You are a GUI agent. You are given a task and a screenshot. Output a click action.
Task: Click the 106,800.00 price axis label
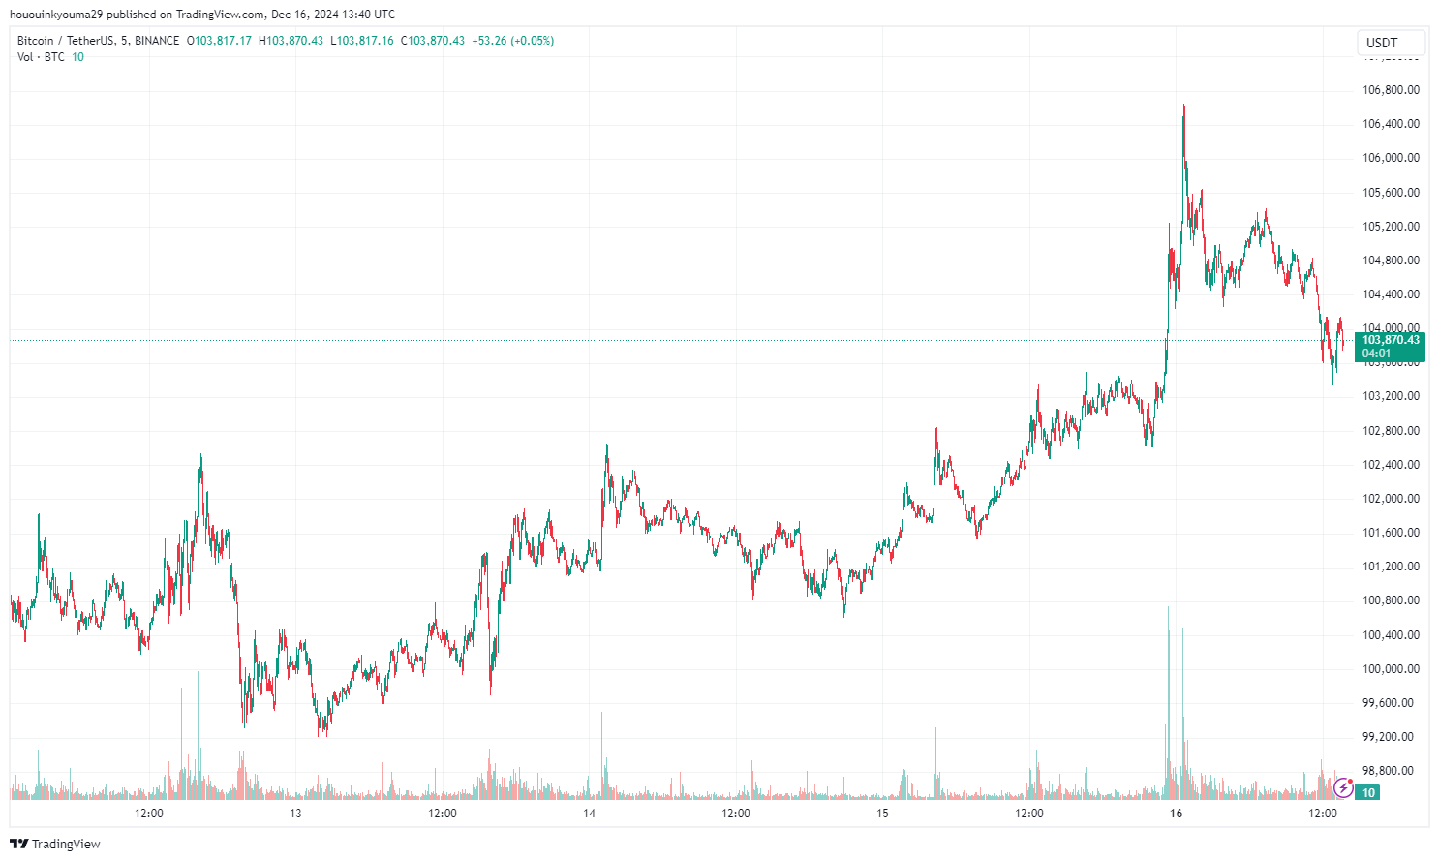click(x=1391, y=90)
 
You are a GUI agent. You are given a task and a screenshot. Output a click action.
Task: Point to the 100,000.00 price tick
click(x=1391, y=669)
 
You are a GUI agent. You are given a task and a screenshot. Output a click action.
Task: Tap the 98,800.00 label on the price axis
click(x=1391, y=771)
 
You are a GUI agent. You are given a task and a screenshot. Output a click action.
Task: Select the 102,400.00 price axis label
click(x=1391, y=465)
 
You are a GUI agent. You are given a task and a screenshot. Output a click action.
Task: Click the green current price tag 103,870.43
click(x=1390, y=346)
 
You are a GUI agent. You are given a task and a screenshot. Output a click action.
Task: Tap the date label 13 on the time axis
click(x=295, y=814)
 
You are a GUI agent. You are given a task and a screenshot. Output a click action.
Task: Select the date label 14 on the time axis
click(x=589, y=814)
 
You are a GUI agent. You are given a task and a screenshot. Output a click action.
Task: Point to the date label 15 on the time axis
click(x=882, y=814)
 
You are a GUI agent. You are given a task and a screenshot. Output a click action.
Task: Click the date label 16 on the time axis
click(x=1176, y=814)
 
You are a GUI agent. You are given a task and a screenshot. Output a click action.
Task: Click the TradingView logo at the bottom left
click(x=55, y=844)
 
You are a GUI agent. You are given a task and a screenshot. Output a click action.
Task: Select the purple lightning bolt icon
click(x=1343, y=788)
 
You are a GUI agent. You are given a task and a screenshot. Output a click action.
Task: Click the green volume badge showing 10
click(x=1367, y=793)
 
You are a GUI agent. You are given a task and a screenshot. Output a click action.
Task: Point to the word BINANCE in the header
click(x=157, y=41)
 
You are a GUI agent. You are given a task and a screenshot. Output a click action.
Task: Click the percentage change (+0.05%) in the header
click(x=532, y=41)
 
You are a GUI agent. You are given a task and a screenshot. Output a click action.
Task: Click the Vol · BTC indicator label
click(x=41, y=57)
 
